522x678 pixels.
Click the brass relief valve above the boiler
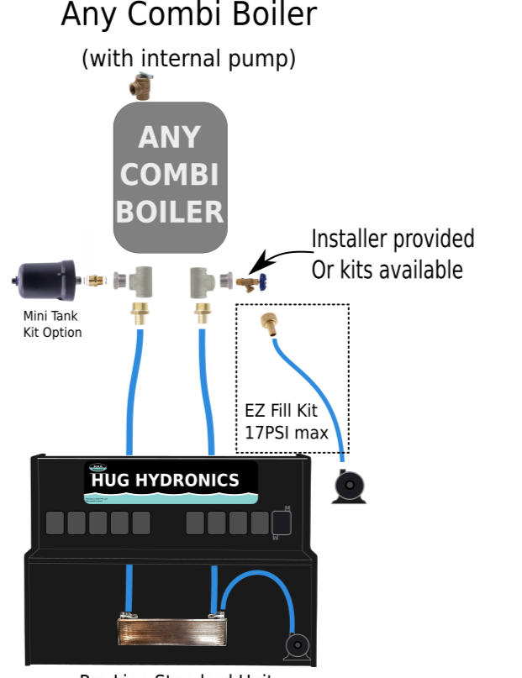[141, 85]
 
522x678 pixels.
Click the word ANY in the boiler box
[170, 138]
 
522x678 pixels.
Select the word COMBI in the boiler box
[170, 175]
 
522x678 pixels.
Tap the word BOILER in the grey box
[170, 212]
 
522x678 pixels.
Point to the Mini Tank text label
[50, 316]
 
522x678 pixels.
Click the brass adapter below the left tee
[139, 314]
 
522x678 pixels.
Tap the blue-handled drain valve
[252, 281]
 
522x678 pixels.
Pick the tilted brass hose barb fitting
[270, 323]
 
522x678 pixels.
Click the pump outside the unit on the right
[349, 486]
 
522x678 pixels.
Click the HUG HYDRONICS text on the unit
[165, 481]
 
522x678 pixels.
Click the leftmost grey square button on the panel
[55, 523]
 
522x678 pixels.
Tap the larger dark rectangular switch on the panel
[282, 523]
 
